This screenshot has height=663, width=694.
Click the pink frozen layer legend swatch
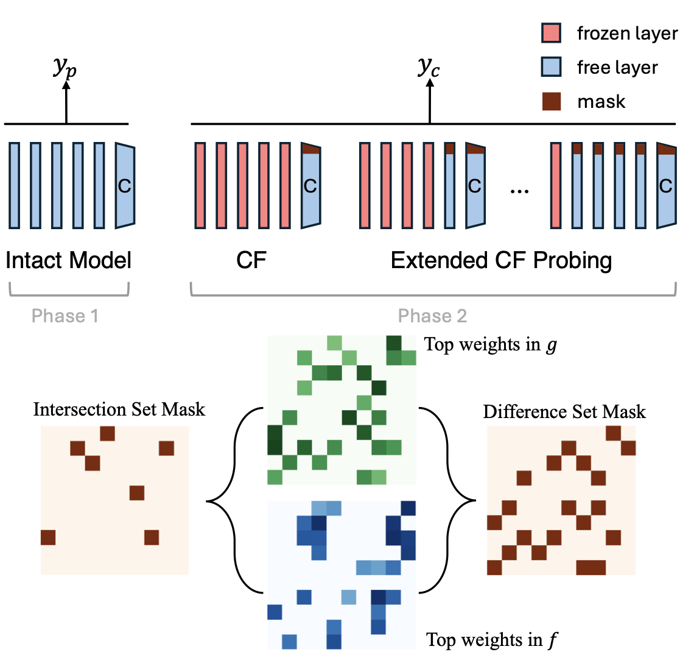click(551, 33)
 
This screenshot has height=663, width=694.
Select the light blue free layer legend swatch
click(551, 66)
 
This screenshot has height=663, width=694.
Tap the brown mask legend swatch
click(551, 101)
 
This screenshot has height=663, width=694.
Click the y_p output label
click(65, 68)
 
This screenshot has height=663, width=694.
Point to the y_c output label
click(429, 68)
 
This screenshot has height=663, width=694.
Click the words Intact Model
click(68, 261)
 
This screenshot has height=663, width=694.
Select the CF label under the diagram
click(251, 261)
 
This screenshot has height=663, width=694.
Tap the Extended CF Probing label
click(501, 261)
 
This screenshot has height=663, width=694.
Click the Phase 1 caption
click(65, 316)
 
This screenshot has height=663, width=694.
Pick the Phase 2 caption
click(432, 316)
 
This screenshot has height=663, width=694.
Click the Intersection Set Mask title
click(119, 409)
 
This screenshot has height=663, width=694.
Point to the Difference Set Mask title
click(564, 412)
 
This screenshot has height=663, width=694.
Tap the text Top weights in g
click(491, 345)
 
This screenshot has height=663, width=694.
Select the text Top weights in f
click(492, 640)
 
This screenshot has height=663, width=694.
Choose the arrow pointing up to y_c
click(430, 101)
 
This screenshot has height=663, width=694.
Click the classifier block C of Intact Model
click(125, 186)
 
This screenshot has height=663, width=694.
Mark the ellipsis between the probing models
click(519, 190)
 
